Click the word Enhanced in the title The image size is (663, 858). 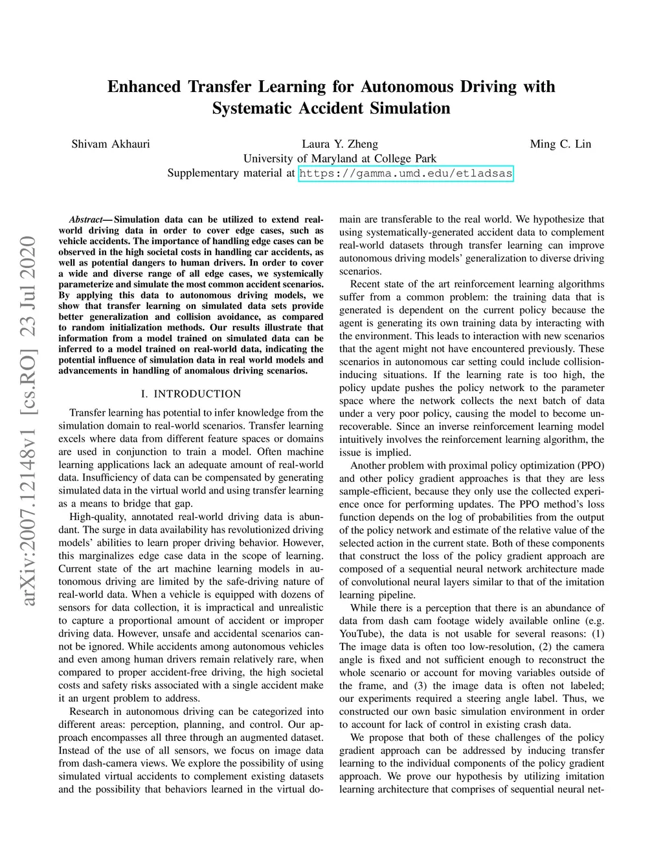pyautogui.click(x=144, y=87)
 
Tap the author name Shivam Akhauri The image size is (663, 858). pyautogui.click(x=110, y=144)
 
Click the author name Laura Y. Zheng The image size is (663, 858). pyautogui.click(x=339, y=144)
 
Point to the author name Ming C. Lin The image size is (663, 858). pyautogui.click(x=560, y=144)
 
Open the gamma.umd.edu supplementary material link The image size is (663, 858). pyautogui.click(x=406, y=174)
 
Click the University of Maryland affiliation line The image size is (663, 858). pyautogui.click(x=339, y=159)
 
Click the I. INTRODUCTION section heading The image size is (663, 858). pyautogui.click(x=190, y=394)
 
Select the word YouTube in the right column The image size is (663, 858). pyautogui.click(x=361, y=634)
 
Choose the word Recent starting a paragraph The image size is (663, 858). pyautogui.click(x=366, y=284)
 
